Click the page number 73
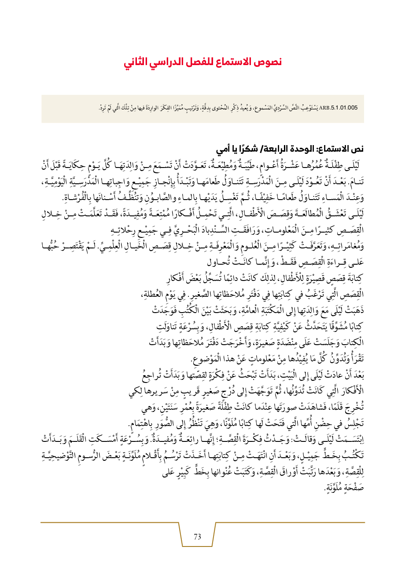point(197,536)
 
